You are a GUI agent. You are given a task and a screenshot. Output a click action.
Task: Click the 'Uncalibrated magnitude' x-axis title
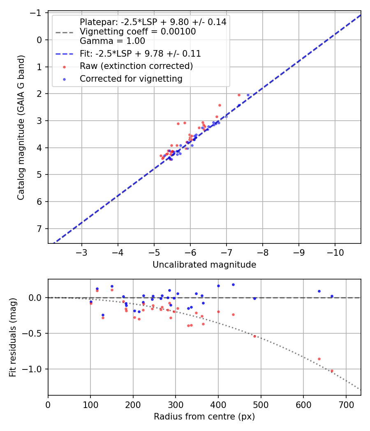(204, 265)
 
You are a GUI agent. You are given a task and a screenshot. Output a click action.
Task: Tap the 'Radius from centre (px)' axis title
(204, 417)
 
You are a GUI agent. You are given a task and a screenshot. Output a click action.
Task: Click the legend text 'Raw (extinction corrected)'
(136, 66)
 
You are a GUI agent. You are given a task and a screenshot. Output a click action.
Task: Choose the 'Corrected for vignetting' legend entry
(131, 78)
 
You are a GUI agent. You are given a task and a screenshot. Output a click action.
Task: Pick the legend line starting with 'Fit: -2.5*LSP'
(140, 53)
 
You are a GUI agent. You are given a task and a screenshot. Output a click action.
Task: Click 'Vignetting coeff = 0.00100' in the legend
(138, 32)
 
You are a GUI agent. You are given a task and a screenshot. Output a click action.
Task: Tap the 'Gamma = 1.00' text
(112, 41)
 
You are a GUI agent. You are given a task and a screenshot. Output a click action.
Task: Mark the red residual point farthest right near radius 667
(332, 371)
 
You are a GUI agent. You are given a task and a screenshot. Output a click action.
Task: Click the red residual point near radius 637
(319, 359)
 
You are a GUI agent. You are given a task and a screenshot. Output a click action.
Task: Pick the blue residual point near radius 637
(319, 291)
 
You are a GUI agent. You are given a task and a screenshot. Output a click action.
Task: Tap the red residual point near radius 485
(254, 336)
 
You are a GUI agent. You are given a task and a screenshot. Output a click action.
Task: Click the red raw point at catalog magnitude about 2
(239, 95)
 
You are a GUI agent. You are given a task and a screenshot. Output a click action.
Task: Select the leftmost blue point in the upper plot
(169, 158)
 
